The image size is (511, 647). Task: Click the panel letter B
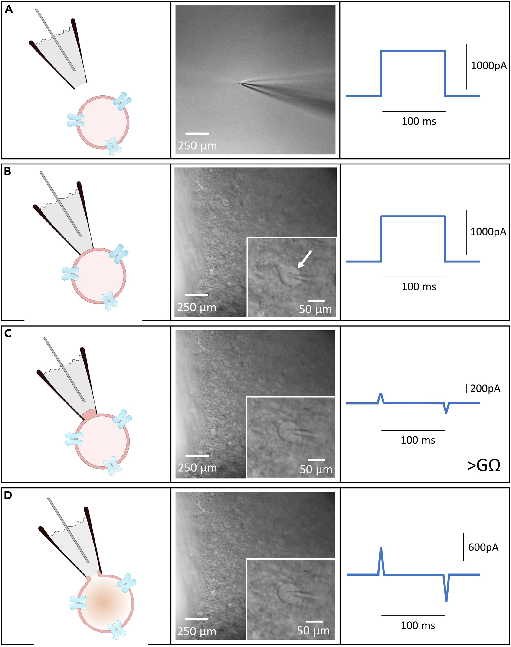(x=7, y=171)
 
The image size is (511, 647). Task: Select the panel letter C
(x=8, y=333)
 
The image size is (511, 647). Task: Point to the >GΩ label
(x=483, y=465)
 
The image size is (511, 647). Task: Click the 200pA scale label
(x=485, y=389)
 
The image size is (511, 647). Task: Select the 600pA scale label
(x=483, y=547)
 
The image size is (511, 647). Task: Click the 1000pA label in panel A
(x=488, y=66)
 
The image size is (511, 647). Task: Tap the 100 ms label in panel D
(x=418, y=625)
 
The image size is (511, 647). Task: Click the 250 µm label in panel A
(x=197, y=146)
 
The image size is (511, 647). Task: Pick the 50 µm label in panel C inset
(x=316, y=470)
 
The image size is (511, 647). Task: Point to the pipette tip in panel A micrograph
(x=239, y=83)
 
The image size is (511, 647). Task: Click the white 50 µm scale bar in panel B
(x=317, y=301)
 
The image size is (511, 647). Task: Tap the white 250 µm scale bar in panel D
(x=196, y=619)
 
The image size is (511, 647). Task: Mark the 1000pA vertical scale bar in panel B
(x=466, y=232)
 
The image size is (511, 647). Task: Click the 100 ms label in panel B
(x=419, y=286)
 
